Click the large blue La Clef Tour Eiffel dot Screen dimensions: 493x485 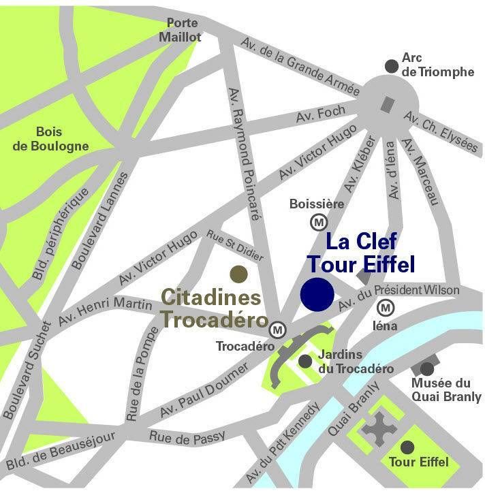point(317,294)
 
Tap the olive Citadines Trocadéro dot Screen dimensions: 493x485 point(238,274)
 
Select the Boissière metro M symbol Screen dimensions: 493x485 point(318,222)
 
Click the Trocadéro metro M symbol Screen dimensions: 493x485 point(277,330)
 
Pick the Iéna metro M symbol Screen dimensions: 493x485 point(386,308)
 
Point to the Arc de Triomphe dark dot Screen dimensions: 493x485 point(391,65)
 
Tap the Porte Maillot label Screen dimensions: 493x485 point(179,30)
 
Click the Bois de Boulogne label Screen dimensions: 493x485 point(63,140)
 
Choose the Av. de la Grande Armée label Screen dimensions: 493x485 point(300,67)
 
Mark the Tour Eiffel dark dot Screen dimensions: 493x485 point(407,447)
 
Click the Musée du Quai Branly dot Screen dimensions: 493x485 point(427,368)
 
